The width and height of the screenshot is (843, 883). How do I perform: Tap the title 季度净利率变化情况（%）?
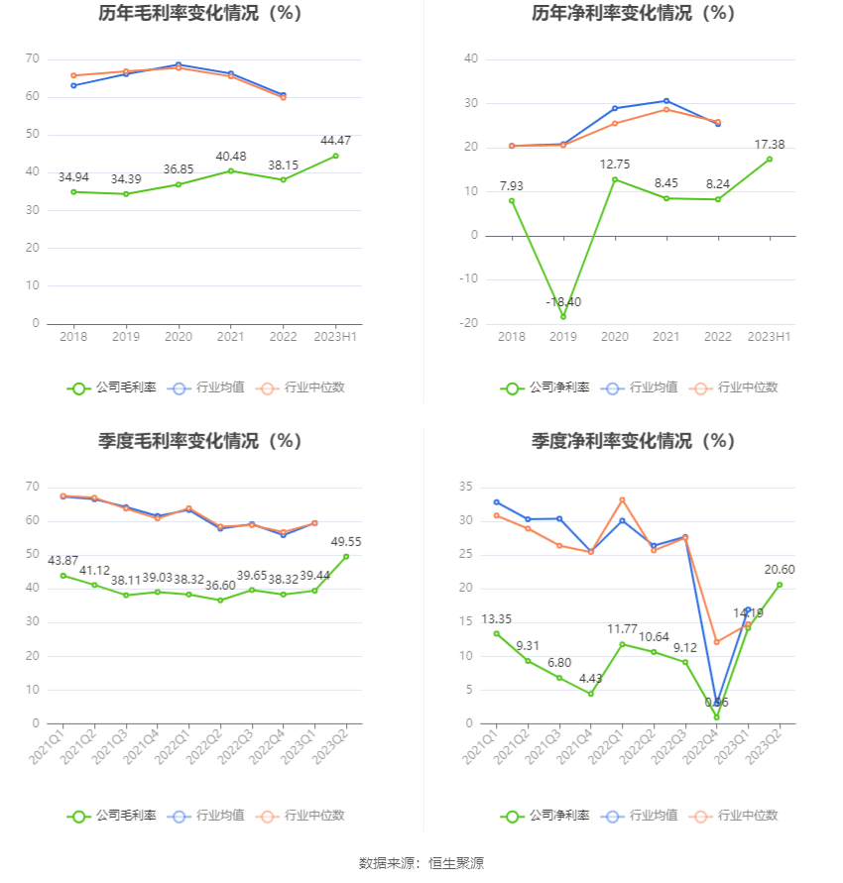point(633,441)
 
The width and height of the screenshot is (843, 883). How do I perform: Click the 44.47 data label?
point(335,141)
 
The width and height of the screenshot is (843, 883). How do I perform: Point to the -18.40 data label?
point(563,301)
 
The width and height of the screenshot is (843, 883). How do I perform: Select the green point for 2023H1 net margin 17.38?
point(770,160)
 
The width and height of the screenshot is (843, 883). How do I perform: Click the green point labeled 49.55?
point(346,556)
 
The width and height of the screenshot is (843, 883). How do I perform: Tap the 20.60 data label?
point(780,570)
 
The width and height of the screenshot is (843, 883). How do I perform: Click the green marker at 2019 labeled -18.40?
point(563,317)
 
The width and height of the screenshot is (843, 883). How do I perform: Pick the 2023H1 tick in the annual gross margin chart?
point(335,337)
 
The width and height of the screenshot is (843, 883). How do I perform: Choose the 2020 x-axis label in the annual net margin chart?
point(615,337)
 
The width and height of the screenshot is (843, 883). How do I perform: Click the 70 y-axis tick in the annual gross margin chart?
point(33,59)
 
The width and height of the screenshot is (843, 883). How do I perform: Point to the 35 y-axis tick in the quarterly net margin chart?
point(466,488)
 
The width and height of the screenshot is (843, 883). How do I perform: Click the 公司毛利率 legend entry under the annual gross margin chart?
point(112,387)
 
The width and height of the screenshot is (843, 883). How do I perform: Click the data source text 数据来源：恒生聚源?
point(421,863)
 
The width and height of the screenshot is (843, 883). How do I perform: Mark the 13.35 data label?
point(497,619)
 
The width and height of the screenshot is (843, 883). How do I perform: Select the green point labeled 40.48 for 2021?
point(231,170)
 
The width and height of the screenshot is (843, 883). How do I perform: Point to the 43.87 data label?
point(63,561)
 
